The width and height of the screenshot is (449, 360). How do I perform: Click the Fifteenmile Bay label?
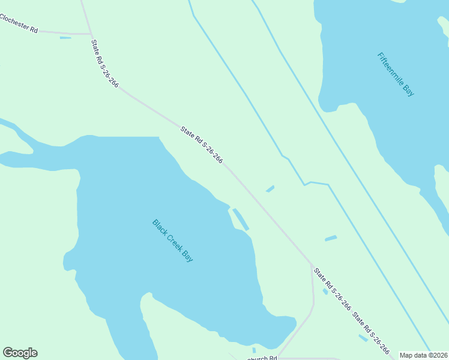396,74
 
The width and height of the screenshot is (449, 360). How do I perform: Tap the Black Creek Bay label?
173,241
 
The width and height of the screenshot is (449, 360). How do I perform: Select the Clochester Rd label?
19,24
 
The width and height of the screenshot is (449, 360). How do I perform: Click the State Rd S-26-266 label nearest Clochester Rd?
105,64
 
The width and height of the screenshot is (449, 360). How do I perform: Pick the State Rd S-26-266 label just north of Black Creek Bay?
202,144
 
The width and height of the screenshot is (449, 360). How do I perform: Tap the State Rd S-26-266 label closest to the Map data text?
371,332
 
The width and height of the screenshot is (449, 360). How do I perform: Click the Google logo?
20,353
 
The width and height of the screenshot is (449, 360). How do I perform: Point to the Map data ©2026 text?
423,355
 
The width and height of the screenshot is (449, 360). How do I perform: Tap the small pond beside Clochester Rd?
65,38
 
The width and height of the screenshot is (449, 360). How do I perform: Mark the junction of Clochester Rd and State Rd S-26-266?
90,34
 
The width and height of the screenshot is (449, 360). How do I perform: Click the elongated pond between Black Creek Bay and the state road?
241,219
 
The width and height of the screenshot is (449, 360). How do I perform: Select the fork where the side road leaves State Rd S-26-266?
312,265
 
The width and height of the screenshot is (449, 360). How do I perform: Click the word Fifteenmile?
391,68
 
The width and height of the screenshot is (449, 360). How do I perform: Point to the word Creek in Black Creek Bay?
173,241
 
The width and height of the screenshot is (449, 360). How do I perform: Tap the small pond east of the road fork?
331,238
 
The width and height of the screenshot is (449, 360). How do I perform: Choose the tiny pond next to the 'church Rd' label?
254,350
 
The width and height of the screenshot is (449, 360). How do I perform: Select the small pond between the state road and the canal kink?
270,189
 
